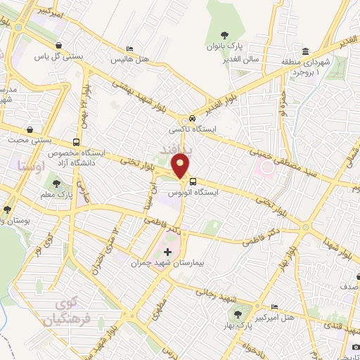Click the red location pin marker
pos(181,166)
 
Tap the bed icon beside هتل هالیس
pos(129,49)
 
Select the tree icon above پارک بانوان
pos(224,35)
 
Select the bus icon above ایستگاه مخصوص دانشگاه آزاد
pos(76,141)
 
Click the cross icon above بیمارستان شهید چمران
pos(167,251)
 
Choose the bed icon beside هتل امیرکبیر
pos(274,307)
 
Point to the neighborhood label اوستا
pos(29,166)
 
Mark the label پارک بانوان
pos(224,47)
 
